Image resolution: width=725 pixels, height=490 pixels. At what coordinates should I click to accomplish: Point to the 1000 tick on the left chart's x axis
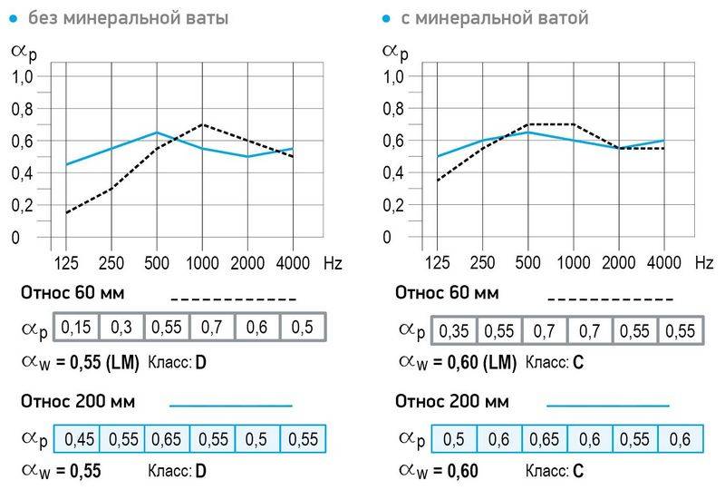click(202, 263)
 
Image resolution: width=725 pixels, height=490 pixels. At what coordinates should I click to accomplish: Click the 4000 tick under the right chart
click(664, 263)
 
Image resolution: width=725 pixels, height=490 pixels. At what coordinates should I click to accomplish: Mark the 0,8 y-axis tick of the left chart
click(23, 109)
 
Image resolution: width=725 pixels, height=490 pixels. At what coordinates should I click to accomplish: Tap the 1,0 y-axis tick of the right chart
click(395, 77)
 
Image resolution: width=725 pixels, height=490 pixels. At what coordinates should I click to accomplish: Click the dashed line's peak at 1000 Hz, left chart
click(202, 124)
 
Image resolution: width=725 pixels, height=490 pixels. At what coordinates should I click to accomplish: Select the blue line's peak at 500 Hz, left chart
click(157, 132)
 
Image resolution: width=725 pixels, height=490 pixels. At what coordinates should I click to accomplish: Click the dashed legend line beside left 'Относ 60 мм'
click(233, 299)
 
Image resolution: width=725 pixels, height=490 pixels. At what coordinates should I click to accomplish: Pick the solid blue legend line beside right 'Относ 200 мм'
click(607, 405)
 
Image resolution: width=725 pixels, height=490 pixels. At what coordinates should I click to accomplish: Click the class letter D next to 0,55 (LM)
click(201, 363)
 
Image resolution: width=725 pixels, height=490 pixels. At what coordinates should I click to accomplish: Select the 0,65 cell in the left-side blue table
click(167, 439)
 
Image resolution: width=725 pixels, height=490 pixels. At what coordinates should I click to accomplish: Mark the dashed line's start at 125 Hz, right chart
click(439, 181)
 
